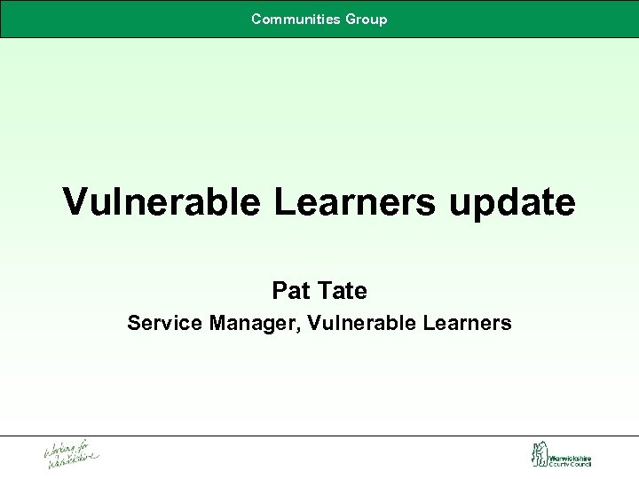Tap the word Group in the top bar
tap(367, 19)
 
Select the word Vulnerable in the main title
tap(161, 202)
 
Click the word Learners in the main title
tap(353, 202)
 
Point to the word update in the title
tap(512, 204)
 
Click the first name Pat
tap(288, 290)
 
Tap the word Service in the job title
tap(165, 323)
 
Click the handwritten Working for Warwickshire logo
tap(72, 454)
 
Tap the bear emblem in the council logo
tap(538, 454)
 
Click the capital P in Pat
tap(279, 290)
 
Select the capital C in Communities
tap(256, 19)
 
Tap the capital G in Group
tap(351, 19)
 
